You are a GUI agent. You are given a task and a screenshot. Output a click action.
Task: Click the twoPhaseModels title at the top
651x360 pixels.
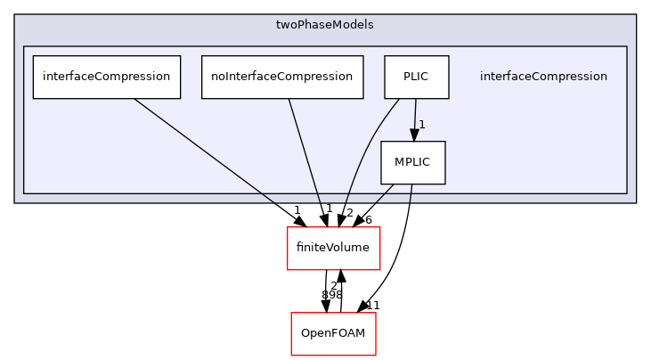click(325, 25)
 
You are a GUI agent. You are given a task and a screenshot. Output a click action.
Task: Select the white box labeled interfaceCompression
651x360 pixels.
click(107, 77)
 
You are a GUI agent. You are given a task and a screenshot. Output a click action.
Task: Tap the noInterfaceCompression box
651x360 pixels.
click(282, 77)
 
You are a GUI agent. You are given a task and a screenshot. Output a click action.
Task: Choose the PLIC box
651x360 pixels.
click(416, 77)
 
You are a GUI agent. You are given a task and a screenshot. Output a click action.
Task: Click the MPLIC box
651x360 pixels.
click(413, 163)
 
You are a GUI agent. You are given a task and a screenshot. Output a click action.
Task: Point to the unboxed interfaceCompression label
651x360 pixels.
click(543, 77)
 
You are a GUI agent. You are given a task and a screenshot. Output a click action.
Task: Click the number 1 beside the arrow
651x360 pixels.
click(422, 125)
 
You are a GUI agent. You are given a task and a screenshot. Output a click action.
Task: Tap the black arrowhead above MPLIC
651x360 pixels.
click(414, 135)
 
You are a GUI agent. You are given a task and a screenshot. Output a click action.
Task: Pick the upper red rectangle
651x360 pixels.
click(333, 248)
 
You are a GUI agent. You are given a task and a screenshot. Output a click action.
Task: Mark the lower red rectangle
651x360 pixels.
click(333, 333)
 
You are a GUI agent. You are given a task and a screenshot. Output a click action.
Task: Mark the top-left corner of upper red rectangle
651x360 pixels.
click(288, 227)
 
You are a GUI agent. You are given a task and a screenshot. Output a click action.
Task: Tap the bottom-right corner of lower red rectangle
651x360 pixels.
click(375, 355)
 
